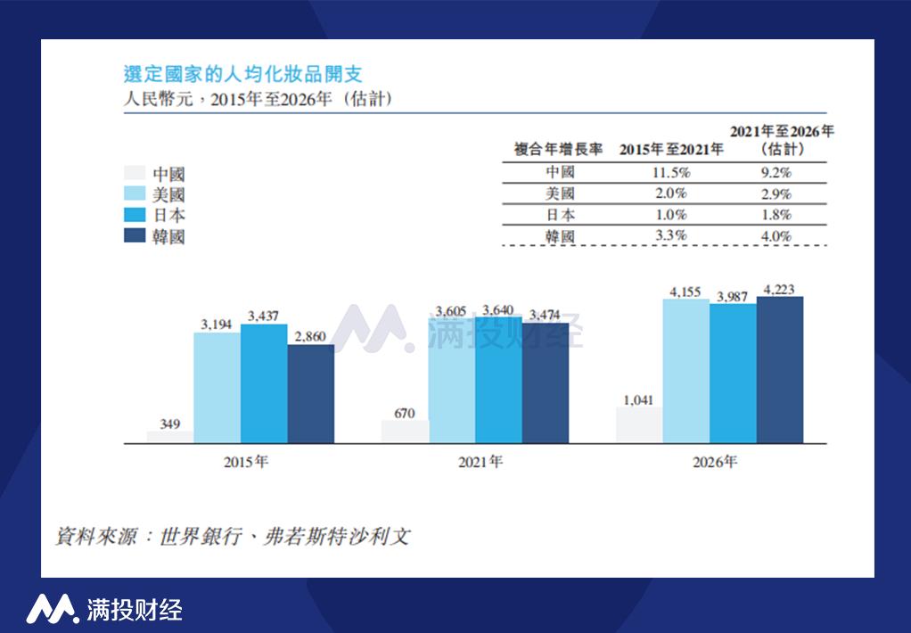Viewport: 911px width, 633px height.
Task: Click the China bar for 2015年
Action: click(x=170, y=437)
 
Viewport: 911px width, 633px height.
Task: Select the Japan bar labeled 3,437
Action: click(x=264, y=383)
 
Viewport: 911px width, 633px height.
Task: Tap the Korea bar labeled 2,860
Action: click(x=310, y=393)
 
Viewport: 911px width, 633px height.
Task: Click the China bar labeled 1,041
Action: click(x=638, y=425)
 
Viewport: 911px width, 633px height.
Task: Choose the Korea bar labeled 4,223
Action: click(x=779, y=369)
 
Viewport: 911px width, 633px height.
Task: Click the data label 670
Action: click(x=405, y=413)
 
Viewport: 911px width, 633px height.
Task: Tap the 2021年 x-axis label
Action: click(x=480, y=463)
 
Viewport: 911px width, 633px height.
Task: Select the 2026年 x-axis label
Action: click(x=715, y=463)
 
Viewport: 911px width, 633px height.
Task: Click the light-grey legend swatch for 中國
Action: click(x=134, y=174)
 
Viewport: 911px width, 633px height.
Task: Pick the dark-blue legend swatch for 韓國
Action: click(x=134, y=235)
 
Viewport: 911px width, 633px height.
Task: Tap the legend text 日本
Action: click(x=168, y=216)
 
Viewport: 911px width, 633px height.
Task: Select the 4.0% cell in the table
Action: click(x=776, y=236)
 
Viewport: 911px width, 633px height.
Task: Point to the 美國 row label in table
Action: click(x=559, y=194)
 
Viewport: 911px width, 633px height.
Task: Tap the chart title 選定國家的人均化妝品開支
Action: click(x=242, y=74)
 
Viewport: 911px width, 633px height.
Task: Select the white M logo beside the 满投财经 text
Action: click(x=52, y=609)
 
